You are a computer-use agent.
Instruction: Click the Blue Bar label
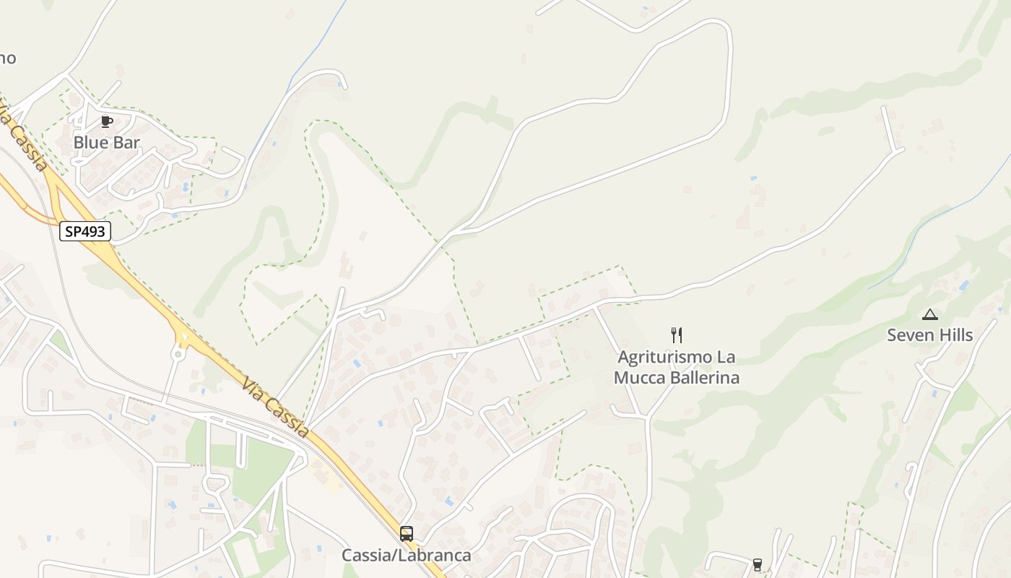point(106,142)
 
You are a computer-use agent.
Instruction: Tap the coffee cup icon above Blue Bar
point(107,121)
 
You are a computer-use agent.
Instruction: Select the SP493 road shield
point(85,231)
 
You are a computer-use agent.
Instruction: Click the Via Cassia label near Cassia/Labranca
point(276,407)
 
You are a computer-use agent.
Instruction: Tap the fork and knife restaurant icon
point(677,335)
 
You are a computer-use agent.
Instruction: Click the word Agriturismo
point(664,357)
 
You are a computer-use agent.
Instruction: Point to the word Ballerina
point(705,377)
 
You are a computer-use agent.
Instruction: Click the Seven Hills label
point(929,335)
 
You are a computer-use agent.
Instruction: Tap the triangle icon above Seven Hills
point(929,314)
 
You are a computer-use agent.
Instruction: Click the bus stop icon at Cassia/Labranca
point(407,534)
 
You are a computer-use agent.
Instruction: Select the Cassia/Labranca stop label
point(406,555)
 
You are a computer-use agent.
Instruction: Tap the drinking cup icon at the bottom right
point(757,564)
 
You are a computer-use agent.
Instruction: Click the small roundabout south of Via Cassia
point(177,354)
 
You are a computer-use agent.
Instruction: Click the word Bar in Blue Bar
point(126,142)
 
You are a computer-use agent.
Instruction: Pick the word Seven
point(908,335)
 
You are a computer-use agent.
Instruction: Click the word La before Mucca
point(725,357)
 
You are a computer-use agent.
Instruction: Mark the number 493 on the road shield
point(94,231)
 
